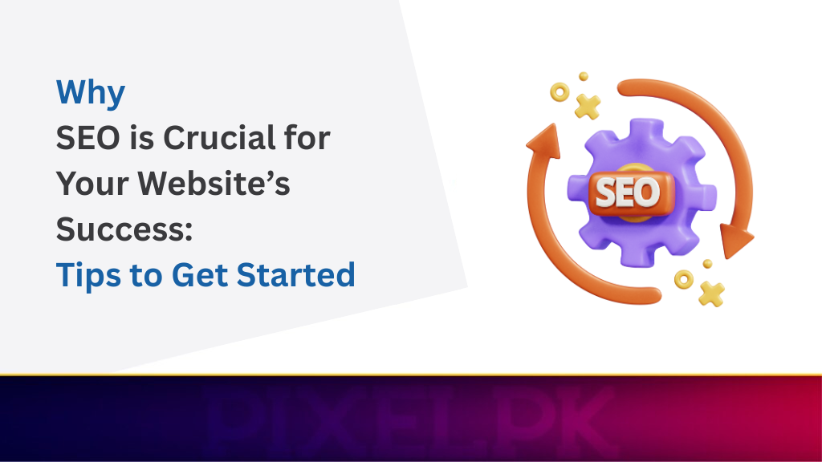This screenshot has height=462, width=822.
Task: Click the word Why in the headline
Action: point(91,93)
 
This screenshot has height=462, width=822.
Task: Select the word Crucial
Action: point(210,139)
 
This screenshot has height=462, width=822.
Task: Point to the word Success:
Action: point(124,230)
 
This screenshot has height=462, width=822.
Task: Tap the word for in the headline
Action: point(306,139)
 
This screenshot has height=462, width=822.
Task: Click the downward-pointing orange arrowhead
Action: point(735,238)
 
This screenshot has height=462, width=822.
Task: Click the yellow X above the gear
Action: point(588,107)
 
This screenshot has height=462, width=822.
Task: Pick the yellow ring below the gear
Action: point(684,279)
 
